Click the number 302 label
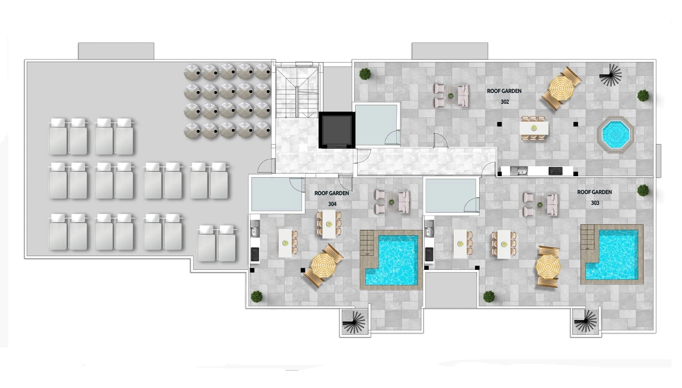[x=504, y=102]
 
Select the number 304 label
[x=332, y=204]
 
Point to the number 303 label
[x=595, y=203]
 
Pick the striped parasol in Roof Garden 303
[x=548, y=266]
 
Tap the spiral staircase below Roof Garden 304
[x=355, y=322]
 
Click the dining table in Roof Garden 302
[x=533, y=129]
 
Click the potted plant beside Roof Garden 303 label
[x=643, y=191]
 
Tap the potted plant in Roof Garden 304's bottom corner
[x=256, y=297]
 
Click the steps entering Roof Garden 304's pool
[x=369, y=242]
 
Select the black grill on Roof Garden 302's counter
[x=556, y=171]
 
